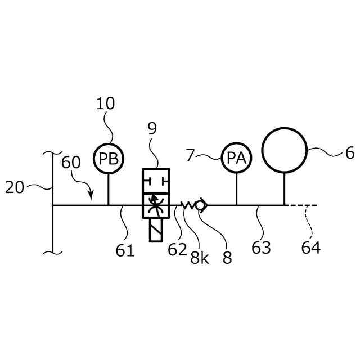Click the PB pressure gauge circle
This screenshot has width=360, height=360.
click(x=108, y=157)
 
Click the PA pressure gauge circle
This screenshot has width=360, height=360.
click(x=236, y=158)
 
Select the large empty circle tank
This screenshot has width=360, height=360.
click(x=284, y=150)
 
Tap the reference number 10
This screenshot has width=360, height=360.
click(x=106, y=103)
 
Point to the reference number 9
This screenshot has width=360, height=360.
click(x=152, y=129)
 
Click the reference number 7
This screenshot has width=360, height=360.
click(x=190, y=155)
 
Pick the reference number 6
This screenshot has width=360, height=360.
click(x=349, y=152)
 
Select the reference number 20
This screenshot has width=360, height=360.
click(x=15, y=187)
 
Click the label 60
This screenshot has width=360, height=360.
click(x=71, y=163)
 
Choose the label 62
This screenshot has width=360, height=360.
click(x=177, y=249)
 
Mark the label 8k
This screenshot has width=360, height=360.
click(x=199, y=258)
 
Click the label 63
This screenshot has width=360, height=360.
click(x=261, y=247)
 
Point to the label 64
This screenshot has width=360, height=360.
click(x=310, y=247)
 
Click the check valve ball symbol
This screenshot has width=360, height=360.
click(x=202, y=206)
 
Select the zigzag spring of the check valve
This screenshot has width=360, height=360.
click(x=188, y=206)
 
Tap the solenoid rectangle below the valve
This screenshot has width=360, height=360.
click(x=156, y=229)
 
